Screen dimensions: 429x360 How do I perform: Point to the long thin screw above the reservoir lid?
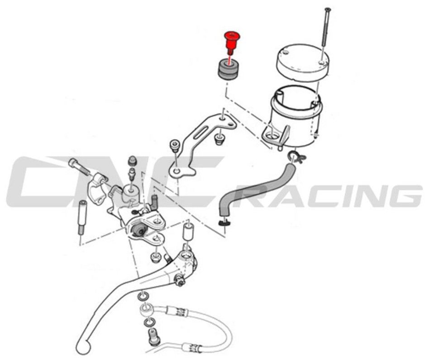click(326, 34)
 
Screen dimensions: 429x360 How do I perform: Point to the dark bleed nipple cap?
click(132, 161)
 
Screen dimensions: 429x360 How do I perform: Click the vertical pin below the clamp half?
click(82, 218)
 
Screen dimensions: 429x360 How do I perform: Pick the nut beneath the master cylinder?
click(155, 257)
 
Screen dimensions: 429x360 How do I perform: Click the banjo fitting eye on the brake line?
click(146, 309)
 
